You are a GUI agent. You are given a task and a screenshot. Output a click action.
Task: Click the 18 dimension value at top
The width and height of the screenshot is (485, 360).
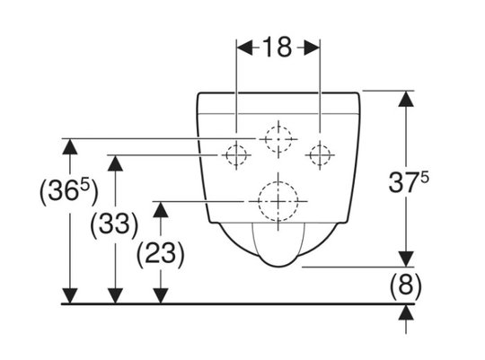pyautogui.click(x=278, y=48)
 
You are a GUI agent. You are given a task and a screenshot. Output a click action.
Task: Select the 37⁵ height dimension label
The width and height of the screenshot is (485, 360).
pyautogui.click(x=409, y=183)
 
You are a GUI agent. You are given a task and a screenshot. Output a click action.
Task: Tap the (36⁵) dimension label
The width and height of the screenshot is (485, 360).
pyautogui.click(x=68, y=192)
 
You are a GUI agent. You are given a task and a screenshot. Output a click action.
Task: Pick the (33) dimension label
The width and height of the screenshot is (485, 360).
pyautogui.click(x=114, y=224)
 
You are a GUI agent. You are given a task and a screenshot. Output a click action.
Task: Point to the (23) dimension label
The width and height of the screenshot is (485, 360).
pyautogui.click(x=161, y=253)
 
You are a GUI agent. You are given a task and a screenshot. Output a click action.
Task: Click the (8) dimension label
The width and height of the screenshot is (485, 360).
pyautogui.click(x=405, y=285)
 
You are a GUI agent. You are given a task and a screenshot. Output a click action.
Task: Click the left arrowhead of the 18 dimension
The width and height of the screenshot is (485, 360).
pyautogui.click(x=244, y=48)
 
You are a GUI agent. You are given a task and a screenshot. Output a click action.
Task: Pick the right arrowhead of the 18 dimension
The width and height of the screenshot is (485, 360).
pyautogui.click(x=312, y=48)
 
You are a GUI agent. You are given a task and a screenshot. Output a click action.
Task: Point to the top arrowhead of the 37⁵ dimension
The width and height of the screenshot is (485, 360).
pyautogui.click(x=406, y=99)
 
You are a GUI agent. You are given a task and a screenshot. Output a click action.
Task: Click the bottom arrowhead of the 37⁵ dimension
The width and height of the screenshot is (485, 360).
pyautogui.click(x=406, y=259)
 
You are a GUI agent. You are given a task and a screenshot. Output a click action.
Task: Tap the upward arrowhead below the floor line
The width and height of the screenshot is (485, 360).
pyautogui.click(x=406, y=312)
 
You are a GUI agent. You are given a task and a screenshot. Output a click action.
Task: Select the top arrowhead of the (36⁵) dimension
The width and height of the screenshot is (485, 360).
pyautogui.click(x=69, y=146)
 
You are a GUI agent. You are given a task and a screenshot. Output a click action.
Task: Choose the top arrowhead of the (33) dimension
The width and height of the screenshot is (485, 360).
pyautogui.click(x=115, y=163)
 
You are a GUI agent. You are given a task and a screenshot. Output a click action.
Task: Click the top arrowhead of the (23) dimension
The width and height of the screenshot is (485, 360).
pyautogui.click(x=161, y=209)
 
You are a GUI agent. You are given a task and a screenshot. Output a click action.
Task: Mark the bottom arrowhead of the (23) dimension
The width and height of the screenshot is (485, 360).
pyautogui.click(x=161, y=295)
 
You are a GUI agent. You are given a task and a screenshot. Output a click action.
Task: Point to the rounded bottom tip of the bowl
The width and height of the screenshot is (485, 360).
pyautogui.click(x=278, y=267)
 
